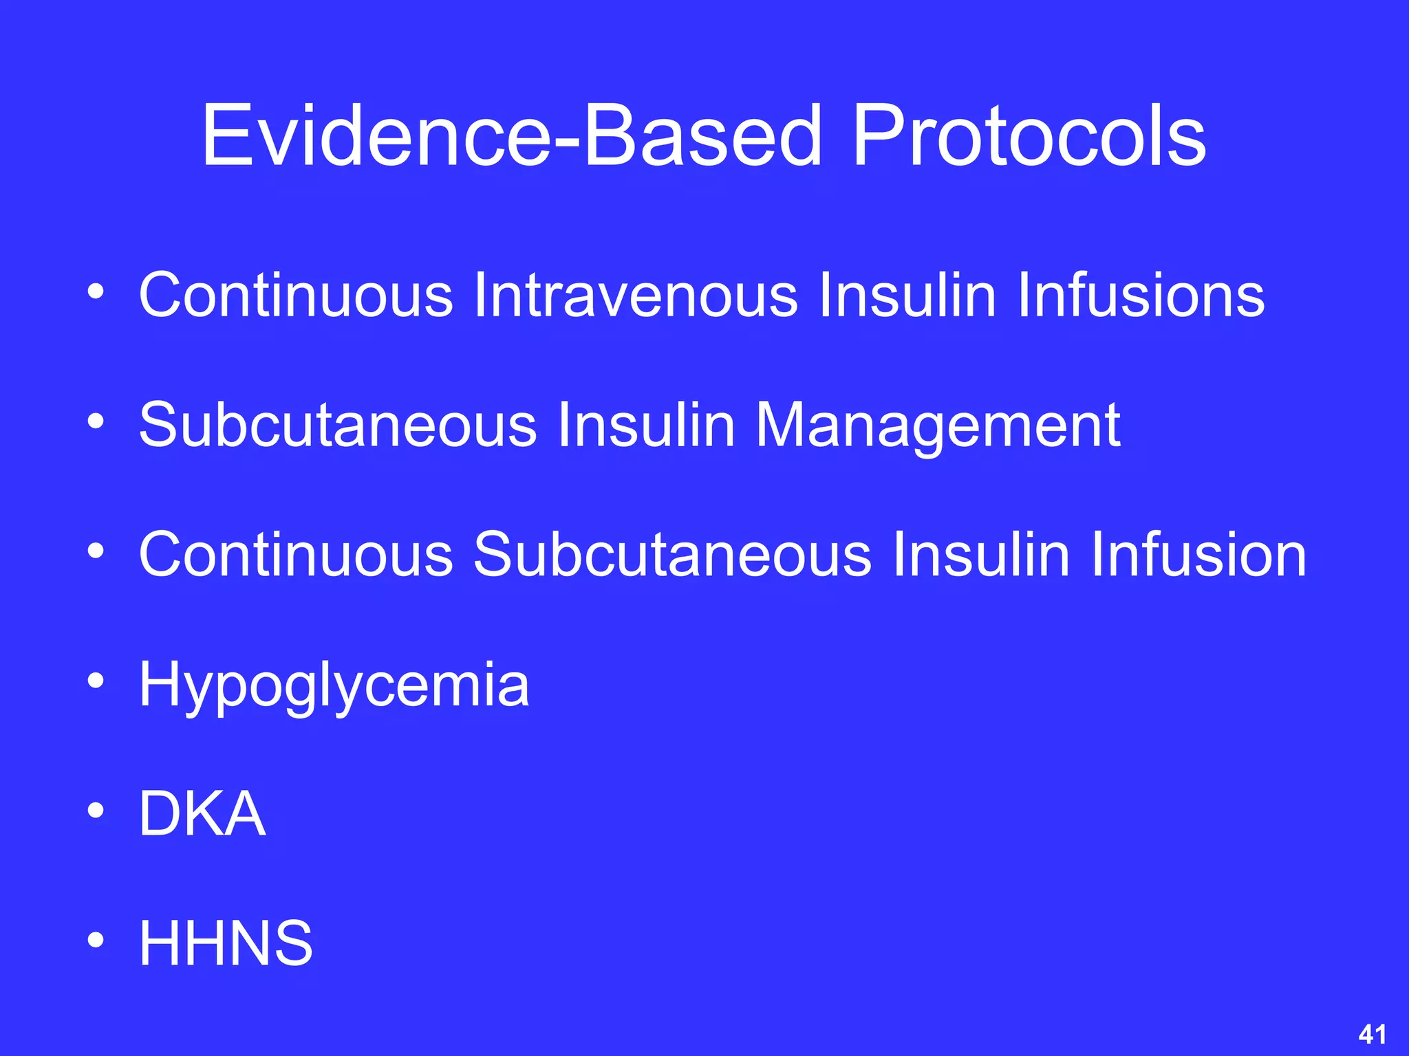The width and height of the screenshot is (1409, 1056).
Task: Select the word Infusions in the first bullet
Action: [1140, 295]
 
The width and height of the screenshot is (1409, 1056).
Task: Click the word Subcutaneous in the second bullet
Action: [337, 425]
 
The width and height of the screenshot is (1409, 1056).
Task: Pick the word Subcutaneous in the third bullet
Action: [672, 555]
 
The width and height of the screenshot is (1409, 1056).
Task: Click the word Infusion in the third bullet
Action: [1198, 555]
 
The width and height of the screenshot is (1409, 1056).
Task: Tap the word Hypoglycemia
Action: [334, 685]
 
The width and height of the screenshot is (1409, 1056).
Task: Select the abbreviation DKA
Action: [202, 814]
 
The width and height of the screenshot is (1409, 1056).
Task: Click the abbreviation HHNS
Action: [226, 943]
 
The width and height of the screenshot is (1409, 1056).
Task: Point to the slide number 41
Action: [1372, 1034]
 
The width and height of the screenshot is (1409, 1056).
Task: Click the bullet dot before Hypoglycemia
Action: [96, 681]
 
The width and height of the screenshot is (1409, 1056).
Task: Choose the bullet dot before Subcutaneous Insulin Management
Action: [96, 421]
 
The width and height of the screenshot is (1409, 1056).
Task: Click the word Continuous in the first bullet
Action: [296, 295]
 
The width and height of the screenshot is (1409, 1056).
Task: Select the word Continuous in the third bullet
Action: [296, 555]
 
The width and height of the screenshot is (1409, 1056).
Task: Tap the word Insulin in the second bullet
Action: [646, 425]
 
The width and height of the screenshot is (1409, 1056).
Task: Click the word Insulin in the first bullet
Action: [907, 295]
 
